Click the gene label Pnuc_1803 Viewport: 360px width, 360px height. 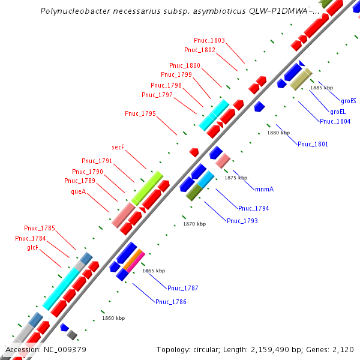coord(209,41)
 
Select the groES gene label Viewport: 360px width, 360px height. coord(349,101)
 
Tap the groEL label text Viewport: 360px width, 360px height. coord(338,112)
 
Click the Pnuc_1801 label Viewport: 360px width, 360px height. coord(313,144)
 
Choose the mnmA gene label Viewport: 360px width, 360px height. coord(264,189)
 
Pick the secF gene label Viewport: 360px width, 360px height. coord(118,147)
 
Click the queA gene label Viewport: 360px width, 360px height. coord(79,192)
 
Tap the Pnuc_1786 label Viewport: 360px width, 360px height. coord(170,302)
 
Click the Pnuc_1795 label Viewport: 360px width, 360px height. coord(140,113)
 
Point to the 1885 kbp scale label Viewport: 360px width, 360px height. coord(322,88)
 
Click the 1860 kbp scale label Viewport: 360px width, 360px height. coord(113,318)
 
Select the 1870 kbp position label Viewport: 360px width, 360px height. coord(194,224)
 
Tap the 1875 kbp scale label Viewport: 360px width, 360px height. coord(236,178)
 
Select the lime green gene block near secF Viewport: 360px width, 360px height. coord(147,187)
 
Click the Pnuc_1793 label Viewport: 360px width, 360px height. coord(242,221)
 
